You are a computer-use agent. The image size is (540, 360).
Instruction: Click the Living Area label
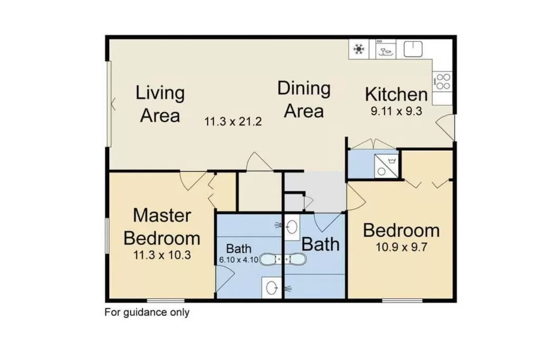(160, 104)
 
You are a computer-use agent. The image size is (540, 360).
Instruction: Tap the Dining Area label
(304, 100)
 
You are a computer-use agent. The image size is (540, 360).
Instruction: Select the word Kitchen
(396, 95)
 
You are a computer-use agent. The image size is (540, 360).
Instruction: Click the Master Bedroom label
(162, 227)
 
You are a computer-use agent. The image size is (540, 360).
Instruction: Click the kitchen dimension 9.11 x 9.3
(396, 111)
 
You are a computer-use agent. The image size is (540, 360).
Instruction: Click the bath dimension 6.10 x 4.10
(238, 259)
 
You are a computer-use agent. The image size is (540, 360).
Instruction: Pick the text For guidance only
(147, 312)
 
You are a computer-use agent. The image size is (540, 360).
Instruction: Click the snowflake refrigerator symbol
(360, 50)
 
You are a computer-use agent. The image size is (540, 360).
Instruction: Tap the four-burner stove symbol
(443, 82)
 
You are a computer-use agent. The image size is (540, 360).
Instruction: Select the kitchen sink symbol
(413, 49)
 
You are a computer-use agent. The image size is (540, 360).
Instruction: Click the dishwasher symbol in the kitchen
(386, 50)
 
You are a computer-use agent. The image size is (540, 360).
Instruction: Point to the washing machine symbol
(386, 165)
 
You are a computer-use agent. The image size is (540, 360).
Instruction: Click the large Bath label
(320, 245)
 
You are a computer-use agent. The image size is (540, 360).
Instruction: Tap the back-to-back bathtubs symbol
(284, 259)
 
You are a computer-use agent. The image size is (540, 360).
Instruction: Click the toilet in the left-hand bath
(272, 288)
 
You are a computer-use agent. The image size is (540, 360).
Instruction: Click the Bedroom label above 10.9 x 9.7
(401, 231)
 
